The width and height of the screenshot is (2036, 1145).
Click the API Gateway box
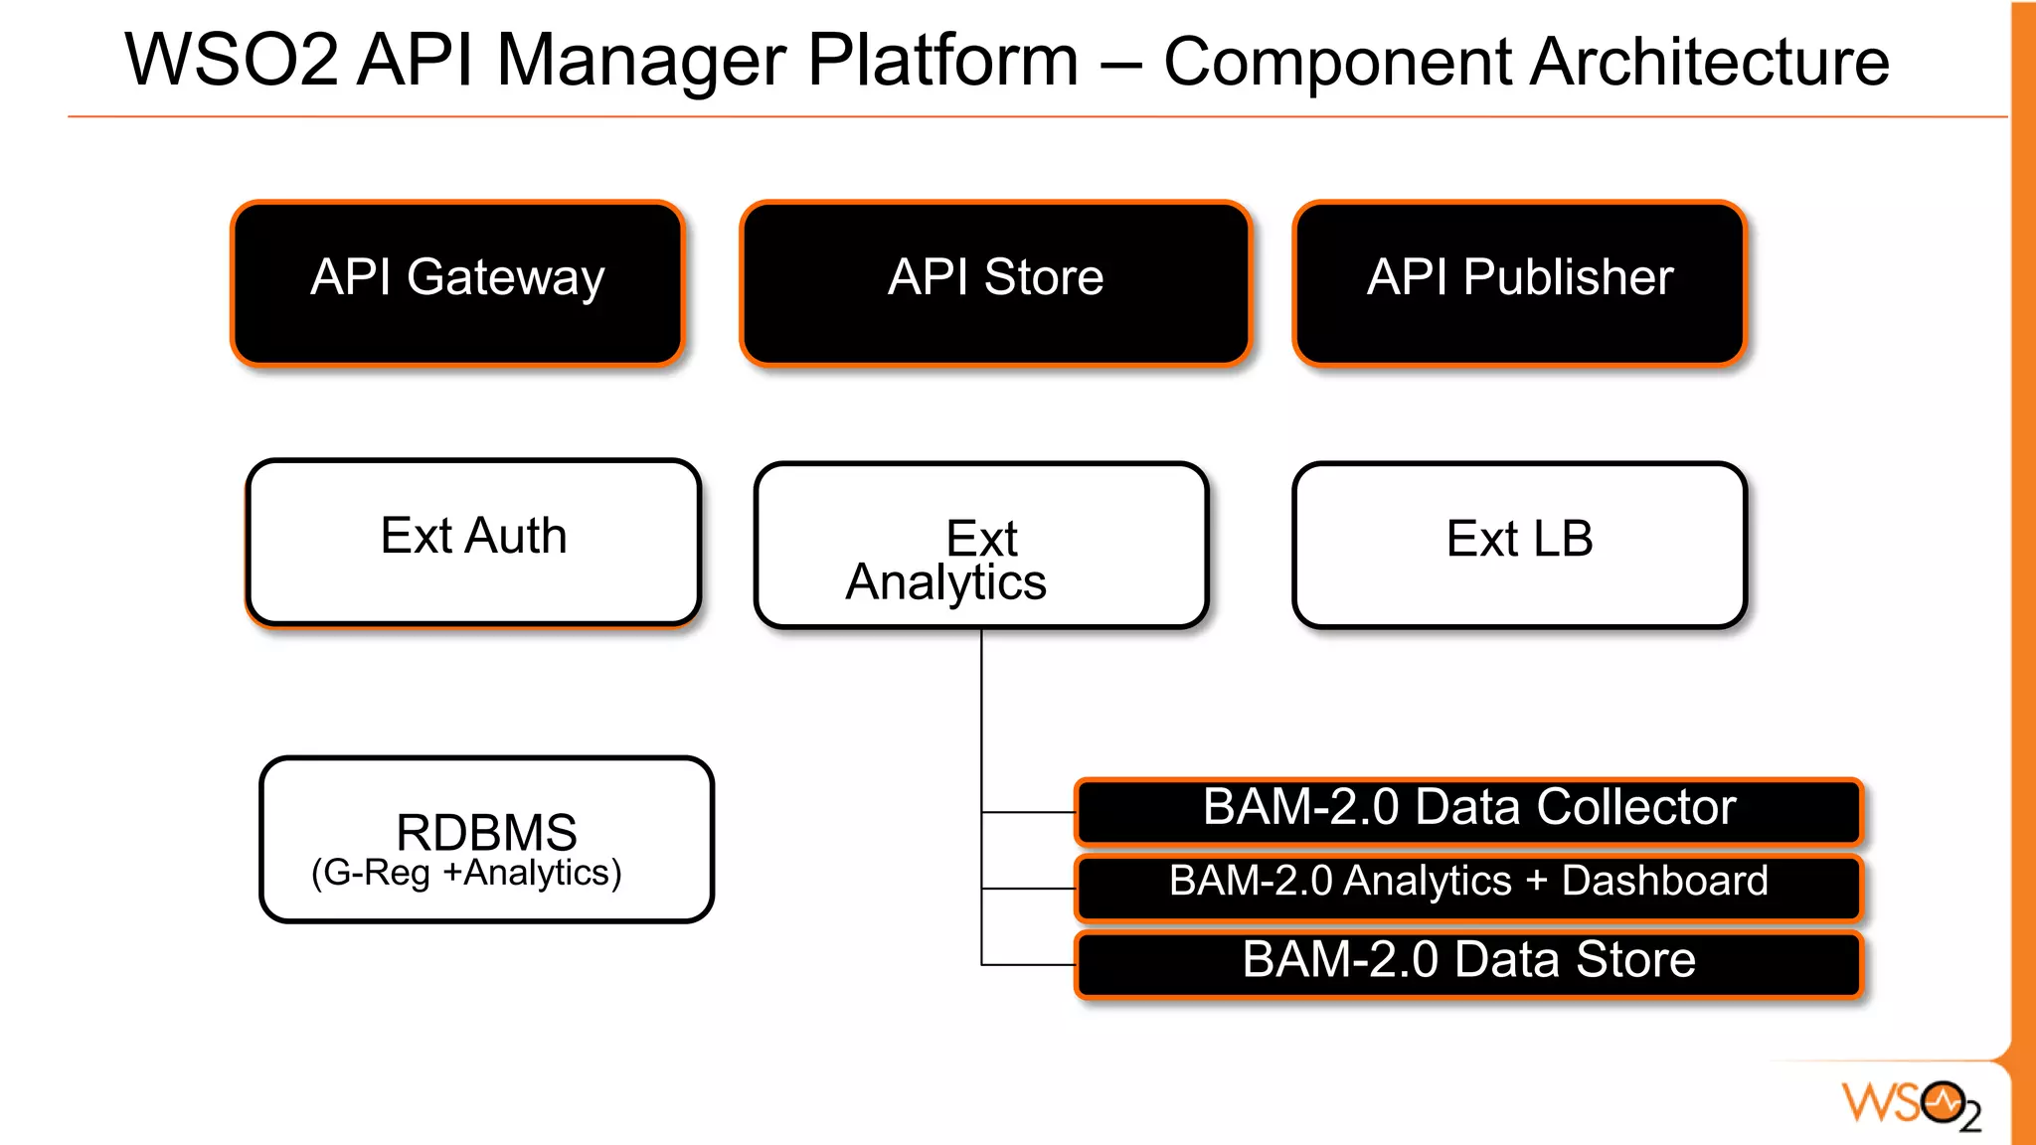click(457, 283)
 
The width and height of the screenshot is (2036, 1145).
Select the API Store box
click(995, 283)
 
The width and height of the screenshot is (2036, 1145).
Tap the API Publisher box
click(1519, 283)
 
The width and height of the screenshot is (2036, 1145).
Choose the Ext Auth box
click(473, 542)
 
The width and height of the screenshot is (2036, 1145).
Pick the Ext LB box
click(1519, 544)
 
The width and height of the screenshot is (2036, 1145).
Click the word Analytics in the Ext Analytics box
click(945, 583)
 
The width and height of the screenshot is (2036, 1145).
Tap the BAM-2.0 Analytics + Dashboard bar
click(1468, 886)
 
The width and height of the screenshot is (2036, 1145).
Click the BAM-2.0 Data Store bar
click(1468, 962)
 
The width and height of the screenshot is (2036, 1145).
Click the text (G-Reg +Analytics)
click(466, 874)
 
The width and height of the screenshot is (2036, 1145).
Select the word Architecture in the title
click(1709, 63)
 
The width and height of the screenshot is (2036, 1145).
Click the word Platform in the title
click(942, 61)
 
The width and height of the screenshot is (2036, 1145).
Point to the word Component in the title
click(1338, 63)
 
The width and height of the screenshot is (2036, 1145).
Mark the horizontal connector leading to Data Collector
click(1028, 812)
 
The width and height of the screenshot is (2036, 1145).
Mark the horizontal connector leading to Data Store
click(1028, 964)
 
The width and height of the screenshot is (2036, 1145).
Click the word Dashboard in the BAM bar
click(1664, 882)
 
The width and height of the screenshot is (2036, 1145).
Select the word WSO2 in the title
click(231, 61)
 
